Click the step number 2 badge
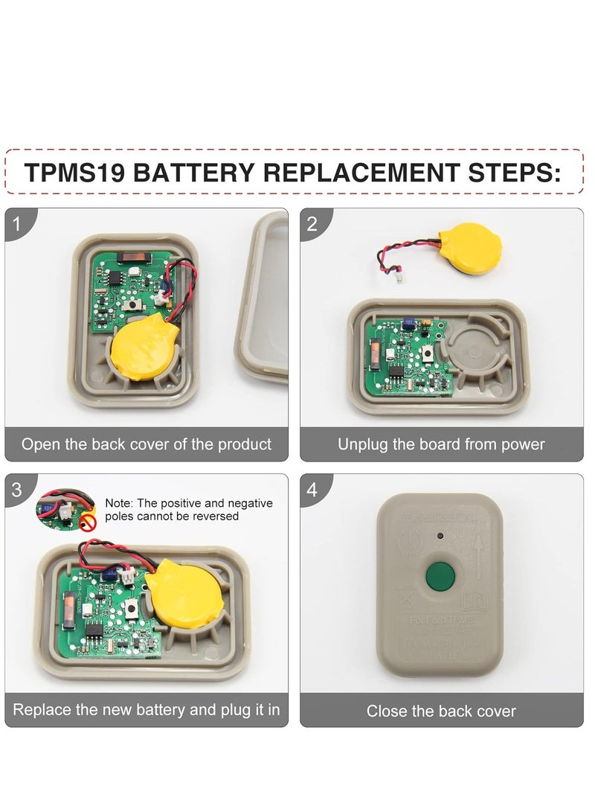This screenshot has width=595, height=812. click(312, 223)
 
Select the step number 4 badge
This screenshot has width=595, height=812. click(312, 490)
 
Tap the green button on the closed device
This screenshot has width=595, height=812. click(440, 575)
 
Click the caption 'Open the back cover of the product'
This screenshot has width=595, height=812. click(147, 445)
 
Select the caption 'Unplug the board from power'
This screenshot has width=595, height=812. click(441, 445)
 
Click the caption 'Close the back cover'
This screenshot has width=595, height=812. click(441, 711)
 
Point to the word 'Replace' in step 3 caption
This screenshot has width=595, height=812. click(42, 709)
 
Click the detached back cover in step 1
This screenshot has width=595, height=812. click(264, 298)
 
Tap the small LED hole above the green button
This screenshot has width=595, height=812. click(440, 535)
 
